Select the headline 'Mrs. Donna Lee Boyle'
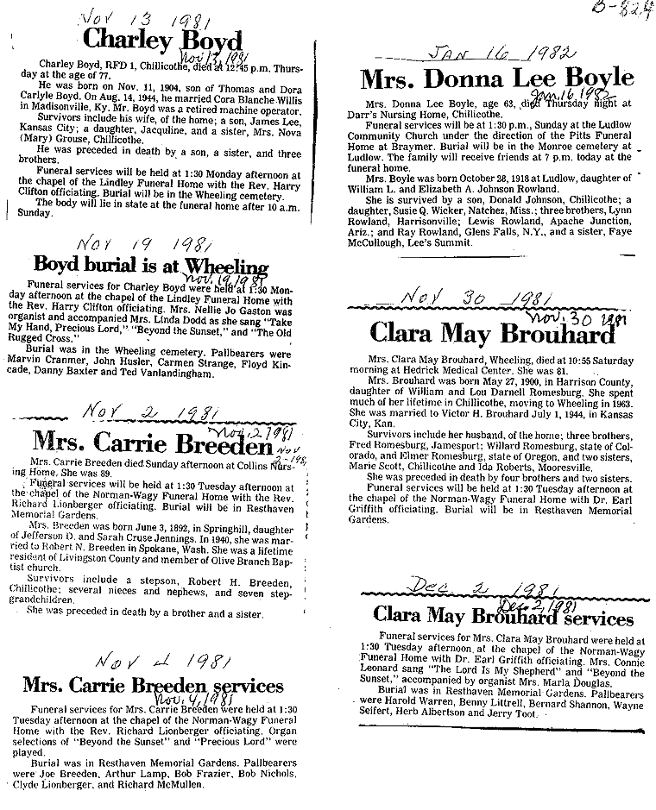[496, 78]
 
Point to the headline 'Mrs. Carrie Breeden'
[152, 441]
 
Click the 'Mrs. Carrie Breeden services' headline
[152, 686]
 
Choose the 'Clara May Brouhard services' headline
[503, 617]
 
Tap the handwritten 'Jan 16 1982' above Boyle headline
[500, 53]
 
